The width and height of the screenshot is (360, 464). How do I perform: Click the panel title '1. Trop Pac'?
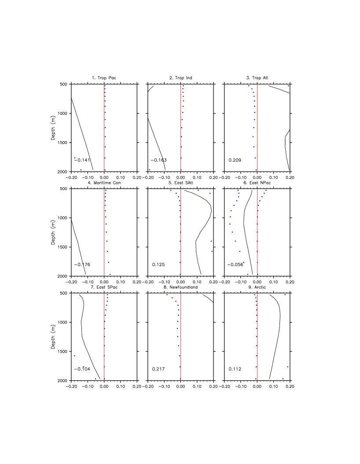tap(104, 78)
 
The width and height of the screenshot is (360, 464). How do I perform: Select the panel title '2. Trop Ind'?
tap(180, 78)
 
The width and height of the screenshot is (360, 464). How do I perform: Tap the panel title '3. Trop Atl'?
tap(257, 78)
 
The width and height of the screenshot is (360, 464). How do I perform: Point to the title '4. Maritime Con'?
tap(104, 183)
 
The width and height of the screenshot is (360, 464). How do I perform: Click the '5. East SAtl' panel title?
tap(180, 183)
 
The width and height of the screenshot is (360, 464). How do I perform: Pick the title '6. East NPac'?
tap(257, 183)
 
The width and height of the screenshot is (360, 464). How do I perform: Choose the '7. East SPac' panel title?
tap(104, 287)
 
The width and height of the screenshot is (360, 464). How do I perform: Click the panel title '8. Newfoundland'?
tap(180, 287)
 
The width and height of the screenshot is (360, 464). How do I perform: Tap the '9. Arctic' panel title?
tap(257, 287)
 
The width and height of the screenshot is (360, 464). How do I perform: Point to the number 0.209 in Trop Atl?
tap(235, 160)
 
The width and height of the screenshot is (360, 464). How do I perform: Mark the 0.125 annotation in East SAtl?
tap(158, 264)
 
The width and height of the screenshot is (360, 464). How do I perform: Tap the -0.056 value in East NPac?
tap(235, 264)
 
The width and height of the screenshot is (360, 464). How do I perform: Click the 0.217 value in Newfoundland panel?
tap(158, 369)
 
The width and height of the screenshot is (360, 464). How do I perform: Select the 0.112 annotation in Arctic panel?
tap(235, 369)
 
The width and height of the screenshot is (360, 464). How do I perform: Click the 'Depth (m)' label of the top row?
tap(53, 128)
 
